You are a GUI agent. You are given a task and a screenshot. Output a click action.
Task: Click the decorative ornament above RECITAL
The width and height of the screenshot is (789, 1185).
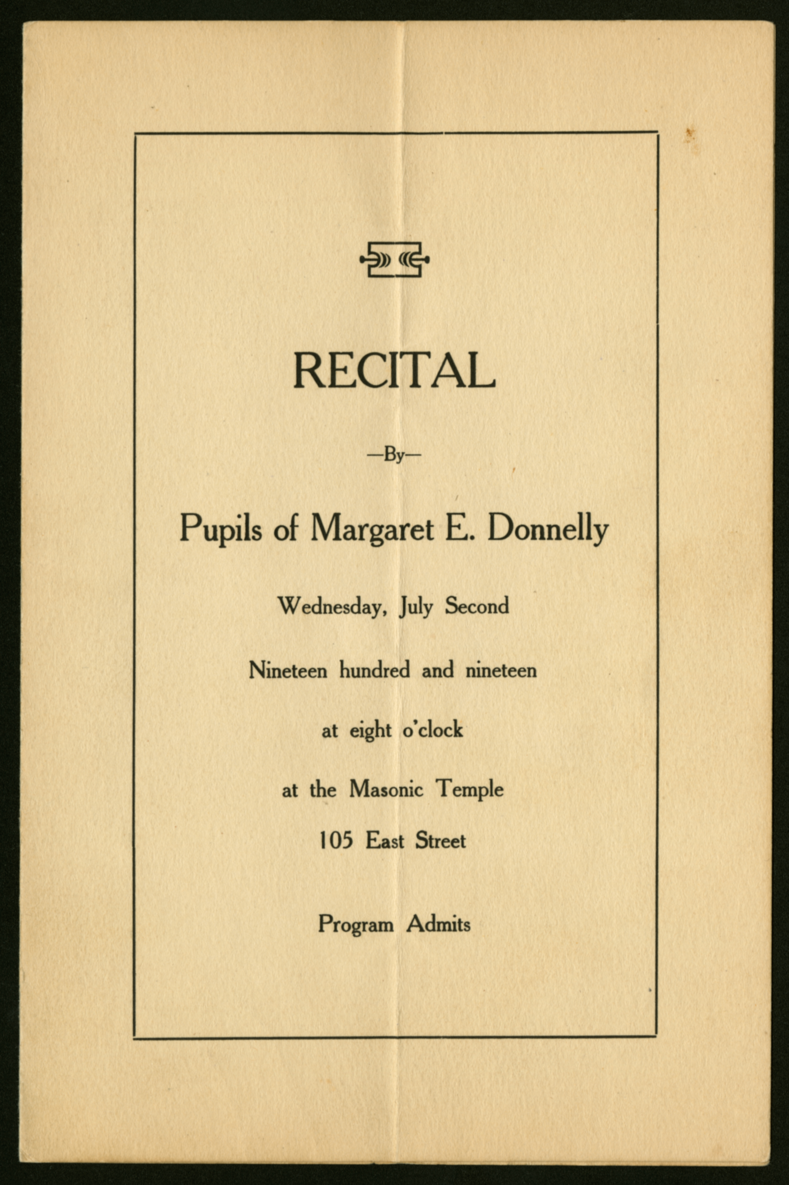(394, 260)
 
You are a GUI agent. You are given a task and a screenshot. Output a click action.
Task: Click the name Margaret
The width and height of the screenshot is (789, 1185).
(372, 530)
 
